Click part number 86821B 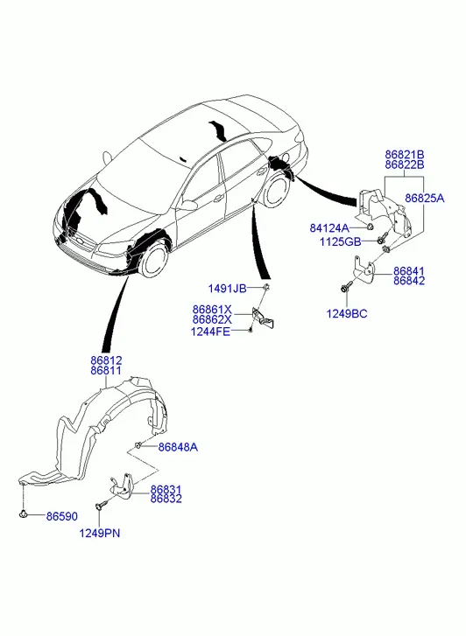(405, 155)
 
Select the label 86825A (425, 198)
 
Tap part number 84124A (329, 228)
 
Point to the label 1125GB (341, 242)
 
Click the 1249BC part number (347, 313)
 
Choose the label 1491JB (227, 289)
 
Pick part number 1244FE (210, 332)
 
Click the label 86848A (178, 447)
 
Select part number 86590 (62, 516)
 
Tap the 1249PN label (100, 533)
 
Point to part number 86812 (106, 360)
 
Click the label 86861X (212, 310)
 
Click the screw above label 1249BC (346, 288)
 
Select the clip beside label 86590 (23, 514)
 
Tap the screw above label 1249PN (101, 505)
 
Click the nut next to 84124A (371, 227)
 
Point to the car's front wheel (152, 259)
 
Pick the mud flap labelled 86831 (122, 485)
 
